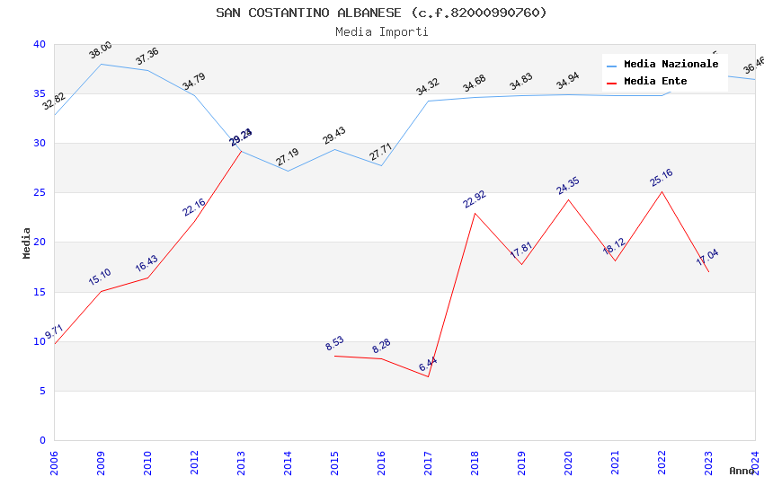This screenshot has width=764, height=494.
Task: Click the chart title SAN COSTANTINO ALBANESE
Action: tap(381, 13)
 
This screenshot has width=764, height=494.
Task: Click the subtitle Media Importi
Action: tap(381, 31)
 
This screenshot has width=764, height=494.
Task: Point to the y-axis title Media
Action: tap(27, 243)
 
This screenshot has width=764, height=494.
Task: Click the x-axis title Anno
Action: tap(742, 471)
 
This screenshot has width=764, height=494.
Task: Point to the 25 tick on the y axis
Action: tap(39, 193)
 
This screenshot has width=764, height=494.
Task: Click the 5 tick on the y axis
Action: tap(41, 391)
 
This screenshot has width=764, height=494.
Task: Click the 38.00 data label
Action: tap(101, 50)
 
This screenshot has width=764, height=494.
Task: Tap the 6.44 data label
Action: tap(428, 365)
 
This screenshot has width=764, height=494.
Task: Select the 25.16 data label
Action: tap(662, 178)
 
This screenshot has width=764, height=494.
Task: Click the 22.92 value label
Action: tap(475, 199)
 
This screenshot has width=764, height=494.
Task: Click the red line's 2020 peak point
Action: tap(568, 199)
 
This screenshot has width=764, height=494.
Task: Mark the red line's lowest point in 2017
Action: tap(428, 376)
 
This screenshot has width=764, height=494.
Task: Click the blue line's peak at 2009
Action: tap(101, 64)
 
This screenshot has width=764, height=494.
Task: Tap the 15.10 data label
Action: tap(100, 278)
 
